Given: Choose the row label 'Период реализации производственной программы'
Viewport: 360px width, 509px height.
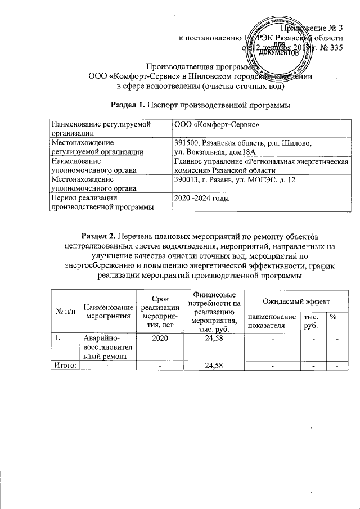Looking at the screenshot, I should pyautogui.click(x=101, y=203).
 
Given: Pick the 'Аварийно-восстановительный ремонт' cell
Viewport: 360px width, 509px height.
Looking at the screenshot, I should pyautogui.click(x=107, y=348).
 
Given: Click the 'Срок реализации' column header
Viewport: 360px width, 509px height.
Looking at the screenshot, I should pyautogui.click(x=159, y=311).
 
